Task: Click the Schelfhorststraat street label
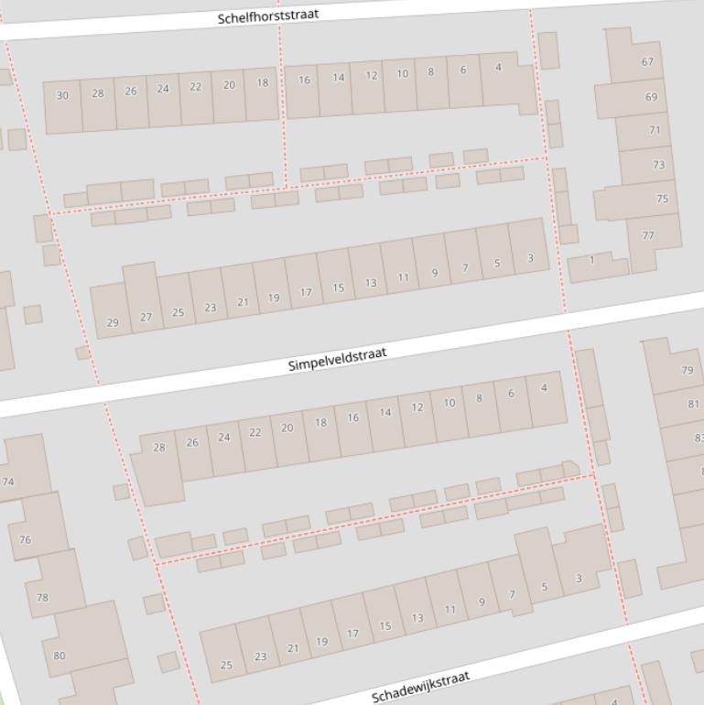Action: click(268, 16)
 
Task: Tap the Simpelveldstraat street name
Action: click(337, 358)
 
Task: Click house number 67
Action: click(647, 62)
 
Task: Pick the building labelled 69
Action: click(651, 97)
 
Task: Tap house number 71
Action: click(655, 130)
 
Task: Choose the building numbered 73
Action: click(658, 165)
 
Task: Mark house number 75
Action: click(662, 199)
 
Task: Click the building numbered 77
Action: click(648, 236)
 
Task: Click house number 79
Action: click(687, 370)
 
